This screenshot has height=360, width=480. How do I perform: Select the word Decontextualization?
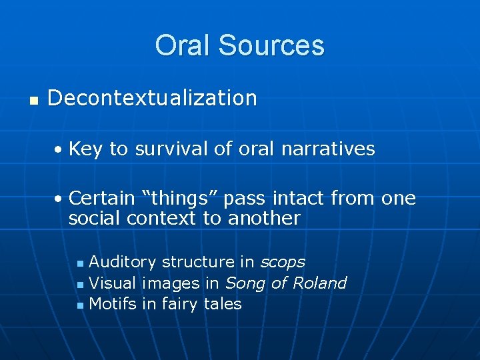coord(152,98)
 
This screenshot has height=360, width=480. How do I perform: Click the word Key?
coord(85,149)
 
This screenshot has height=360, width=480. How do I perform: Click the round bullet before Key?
coord(59,150)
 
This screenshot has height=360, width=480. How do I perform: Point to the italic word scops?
coord(282,263)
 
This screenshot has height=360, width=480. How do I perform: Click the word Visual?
coord(112,283)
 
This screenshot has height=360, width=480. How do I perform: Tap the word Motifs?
coord(112,304)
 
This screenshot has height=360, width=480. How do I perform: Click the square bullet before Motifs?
coord(80,305)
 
